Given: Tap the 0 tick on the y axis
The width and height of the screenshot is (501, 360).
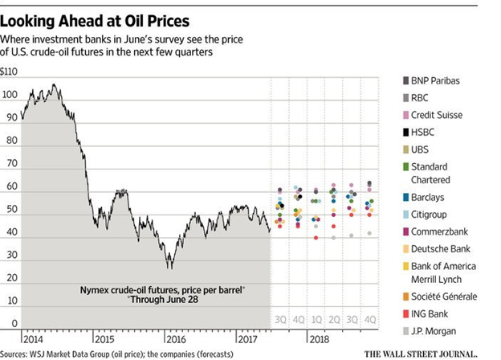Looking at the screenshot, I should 14,323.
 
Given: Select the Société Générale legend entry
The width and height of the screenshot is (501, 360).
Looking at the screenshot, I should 445,296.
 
